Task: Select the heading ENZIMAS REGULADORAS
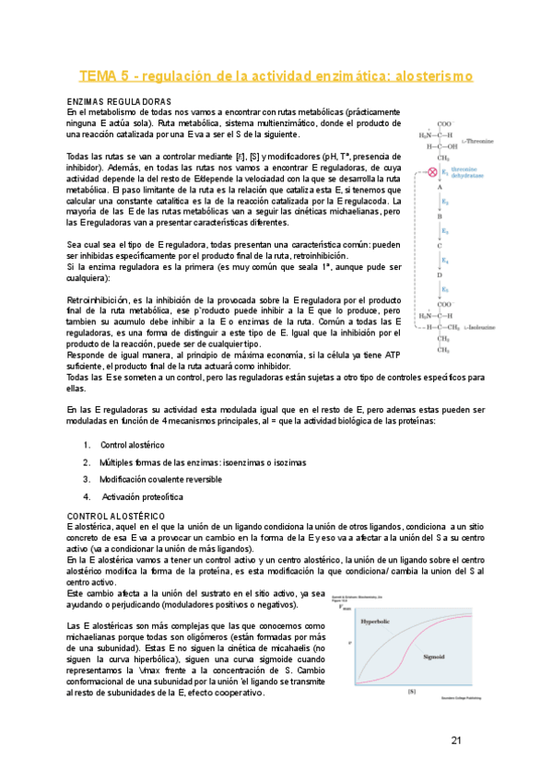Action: point(119,100)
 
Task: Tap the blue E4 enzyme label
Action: point(445,261)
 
